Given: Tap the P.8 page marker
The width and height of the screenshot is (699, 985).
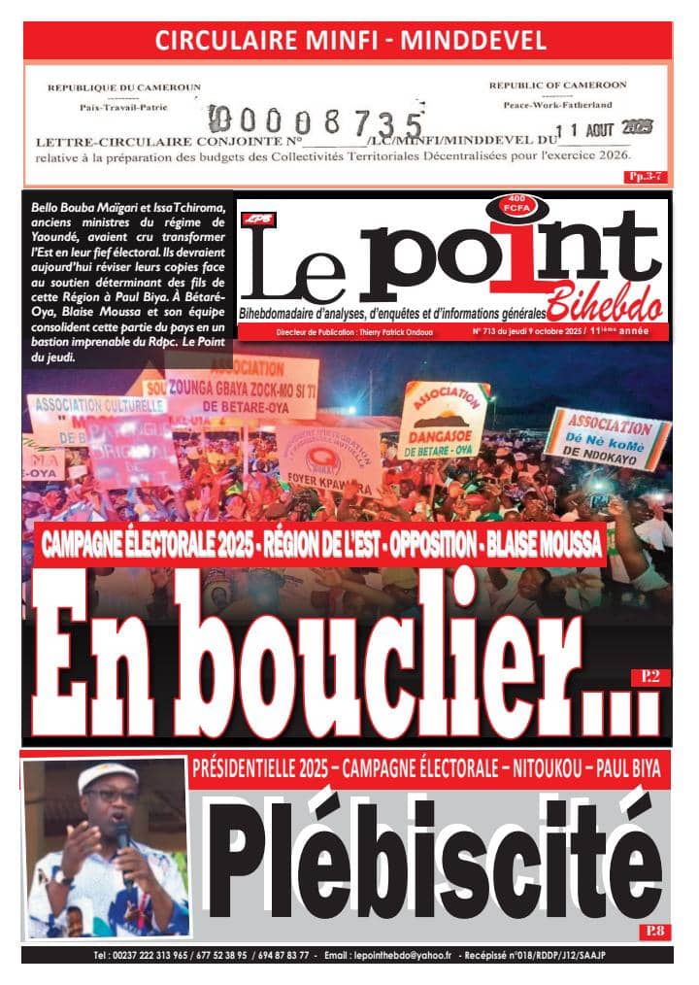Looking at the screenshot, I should point(651,932).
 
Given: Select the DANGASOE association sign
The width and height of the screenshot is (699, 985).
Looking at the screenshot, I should point(443,421).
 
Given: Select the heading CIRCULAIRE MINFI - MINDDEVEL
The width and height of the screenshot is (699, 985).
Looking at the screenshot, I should point(350,40).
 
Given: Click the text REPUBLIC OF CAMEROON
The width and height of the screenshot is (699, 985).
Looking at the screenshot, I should point(557,85).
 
